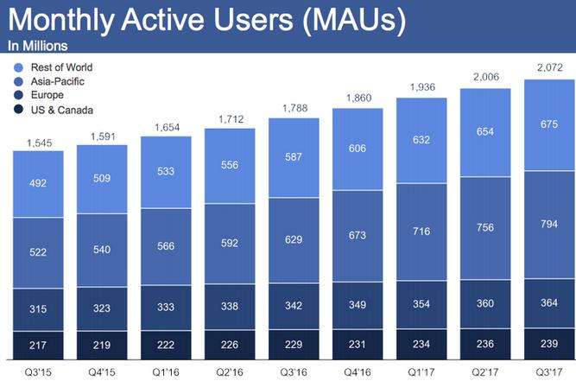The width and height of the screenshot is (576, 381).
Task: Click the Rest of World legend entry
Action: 60,67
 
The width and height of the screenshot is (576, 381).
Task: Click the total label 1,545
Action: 39,142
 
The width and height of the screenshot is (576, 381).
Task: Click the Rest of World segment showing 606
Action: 358,149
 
